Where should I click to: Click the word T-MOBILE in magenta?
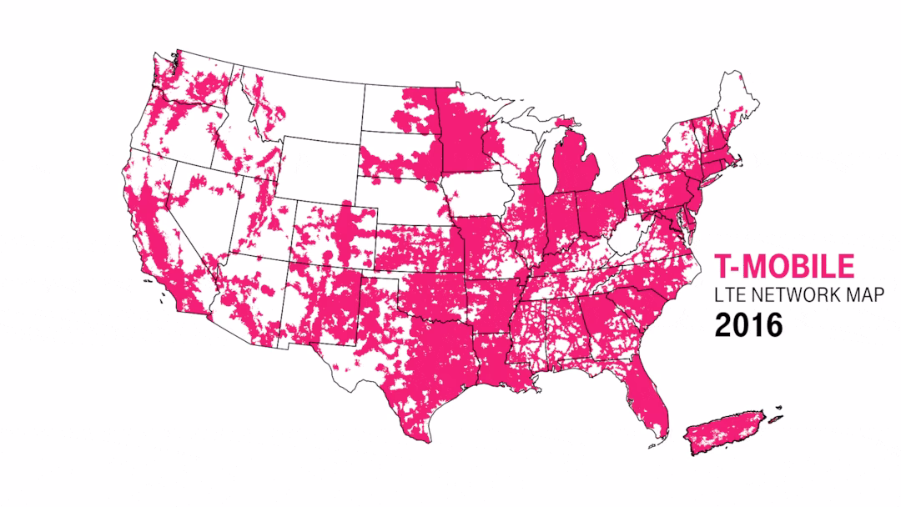(784, 266)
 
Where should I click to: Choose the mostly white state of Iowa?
(484, 196)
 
